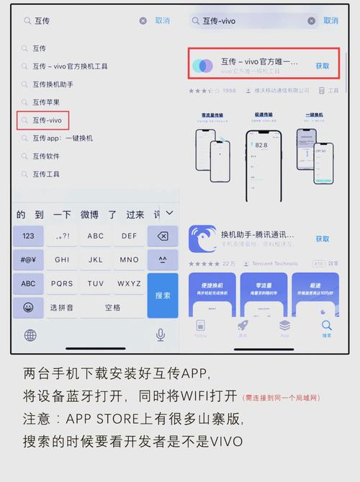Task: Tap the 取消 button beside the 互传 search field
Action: click(x=163, y=21)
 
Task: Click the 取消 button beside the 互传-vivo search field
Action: click(x=330, y=21)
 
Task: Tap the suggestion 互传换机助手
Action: click(x=52, y=84)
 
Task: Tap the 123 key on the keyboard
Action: click(x=28, y=236)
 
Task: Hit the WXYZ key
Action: click(x=130, y=283)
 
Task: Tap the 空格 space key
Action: click(x=113, y=307)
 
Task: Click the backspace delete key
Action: click(x=163, y=236)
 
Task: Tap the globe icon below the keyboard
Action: click(x=30, y=335)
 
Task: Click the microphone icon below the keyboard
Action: click(x=161, y=335)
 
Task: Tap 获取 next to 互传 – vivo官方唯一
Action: click(x=323, y=66)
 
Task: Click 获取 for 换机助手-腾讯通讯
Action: click(x=323, y=238)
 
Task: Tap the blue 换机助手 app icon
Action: click(x=202, y=239)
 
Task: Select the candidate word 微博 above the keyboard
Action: click(x=89, y=215)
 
